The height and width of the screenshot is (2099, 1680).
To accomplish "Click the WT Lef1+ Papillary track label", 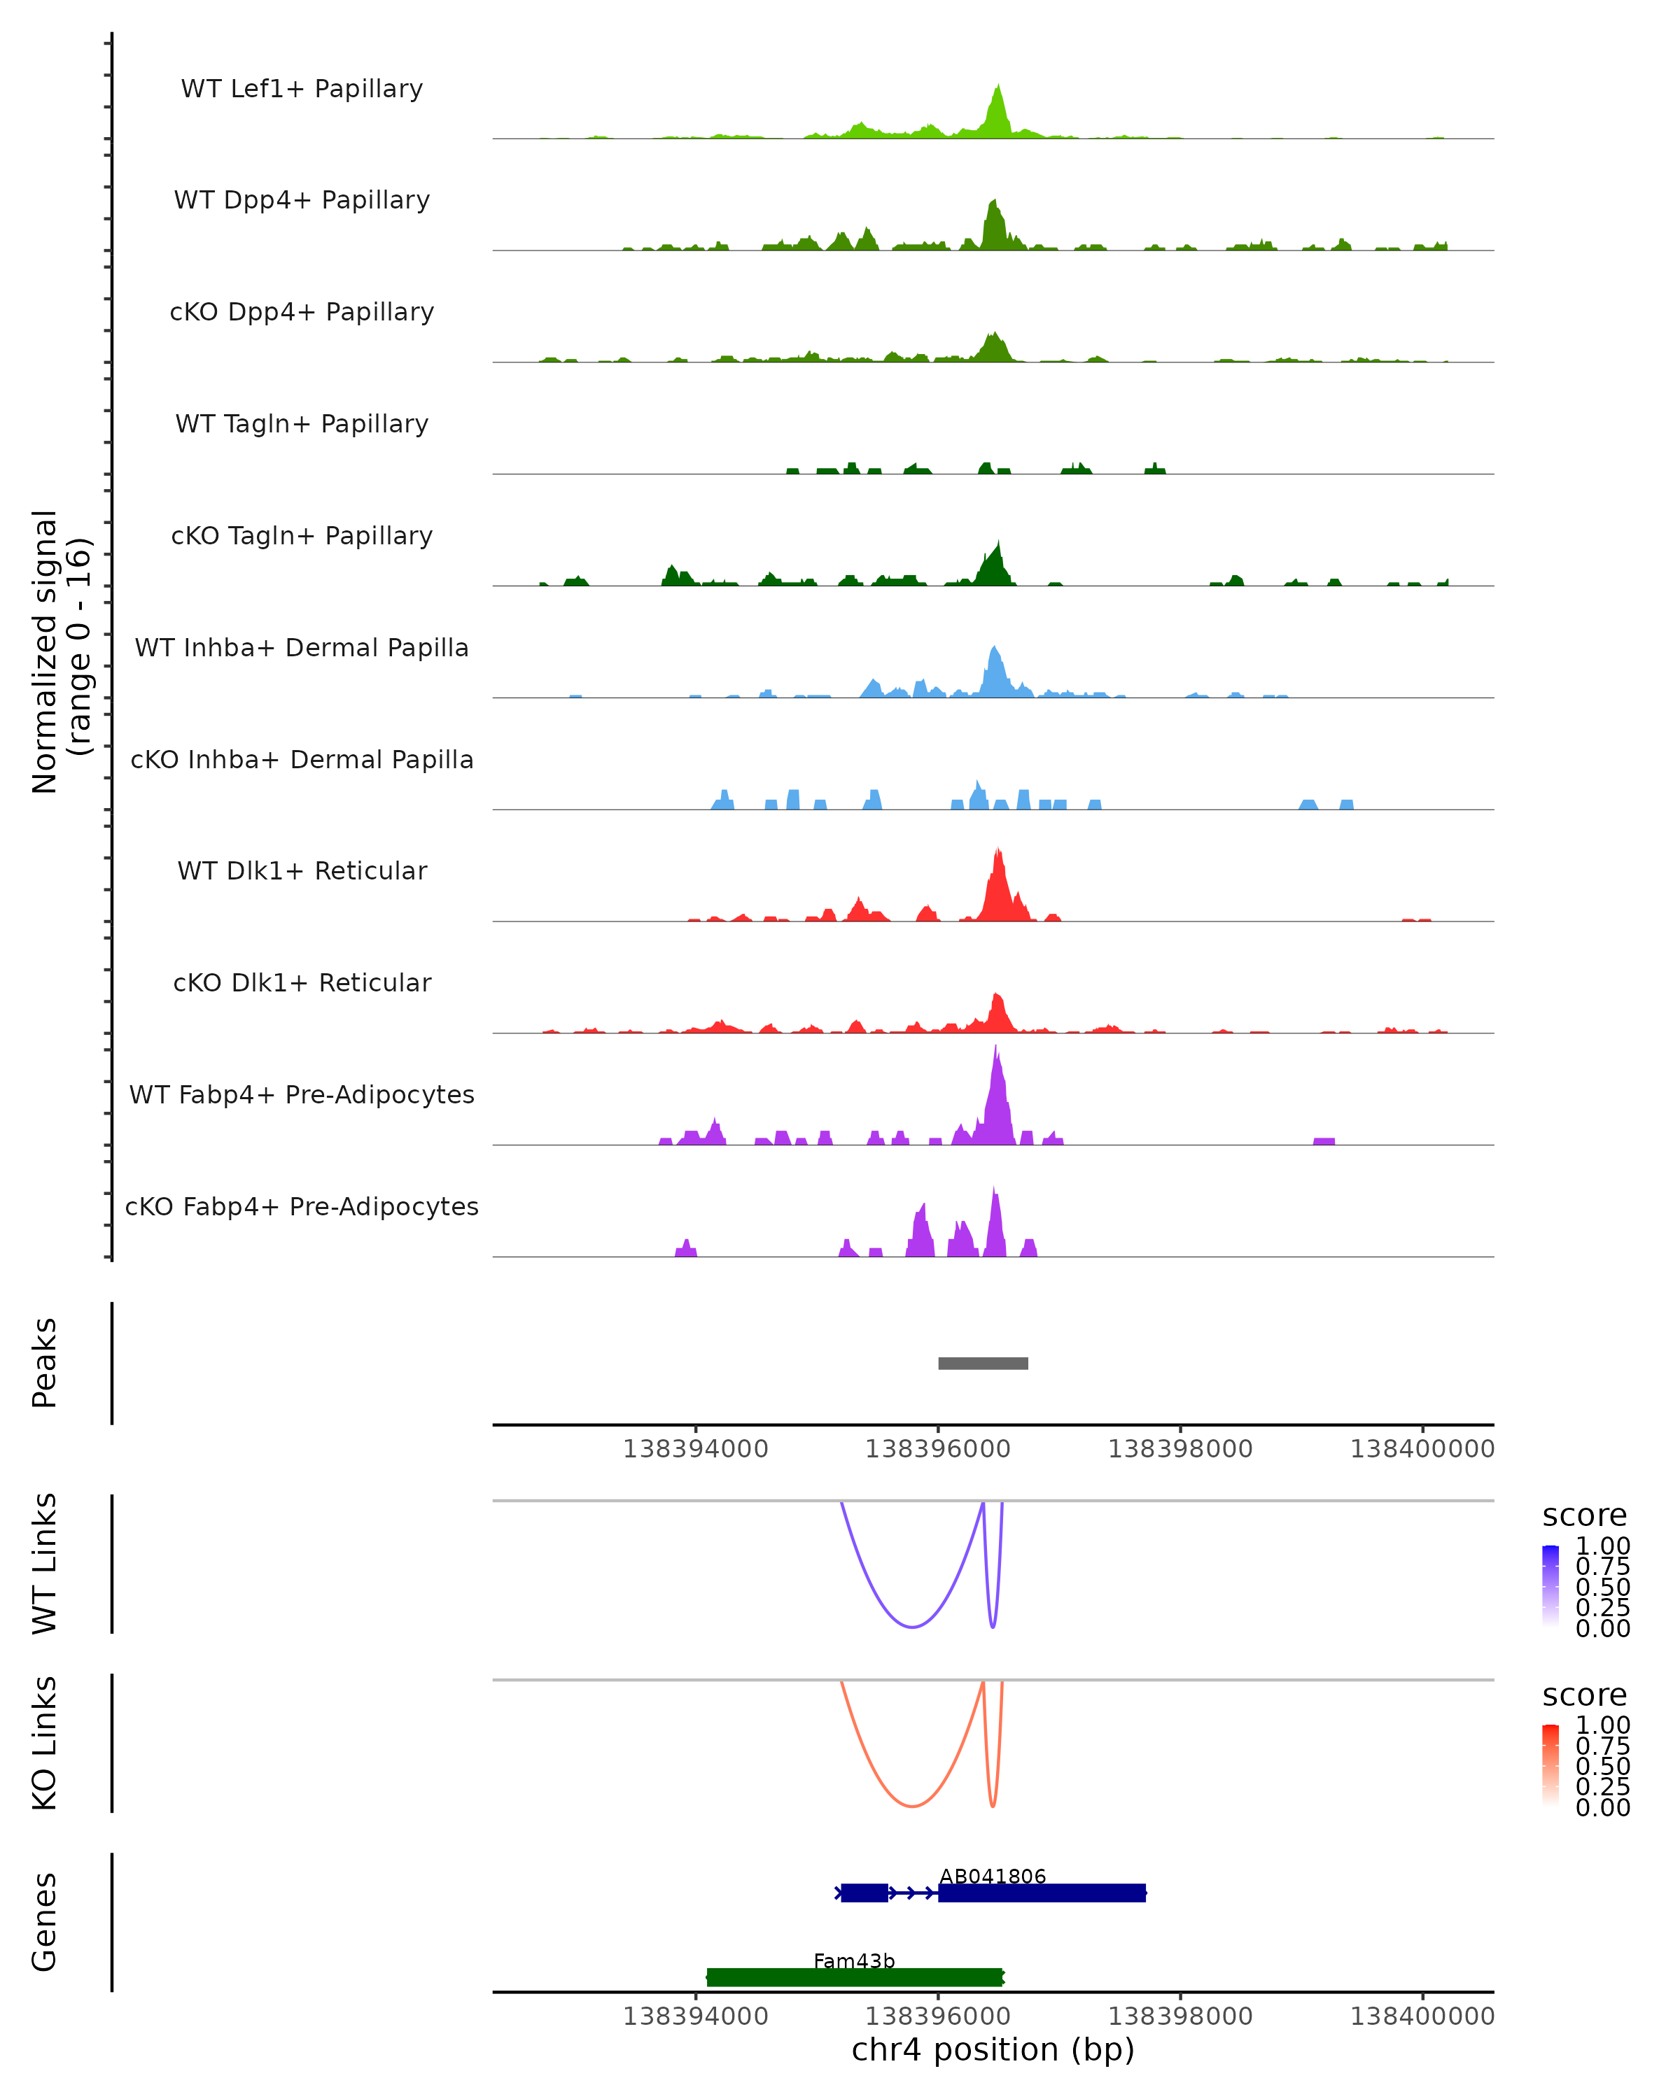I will (302, 89).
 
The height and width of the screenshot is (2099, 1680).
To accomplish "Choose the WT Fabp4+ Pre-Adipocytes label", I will (302, 1094).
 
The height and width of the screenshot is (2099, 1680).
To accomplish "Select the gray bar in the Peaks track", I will (983, 1363).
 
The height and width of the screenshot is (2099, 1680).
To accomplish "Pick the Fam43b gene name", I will (854, 1960).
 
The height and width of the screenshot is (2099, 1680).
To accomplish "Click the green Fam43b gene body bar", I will (854, 1977).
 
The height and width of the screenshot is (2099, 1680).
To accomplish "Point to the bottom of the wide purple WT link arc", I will (911, 1627).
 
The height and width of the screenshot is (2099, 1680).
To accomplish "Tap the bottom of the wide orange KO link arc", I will (911, 1806).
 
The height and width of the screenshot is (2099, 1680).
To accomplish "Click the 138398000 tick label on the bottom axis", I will (1180, 2016).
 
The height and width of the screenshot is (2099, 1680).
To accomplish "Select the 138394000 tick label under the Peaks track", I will (695, 1449).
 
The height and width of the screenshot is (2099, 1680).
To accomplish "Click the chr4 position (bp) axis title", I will (993, 2050).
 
